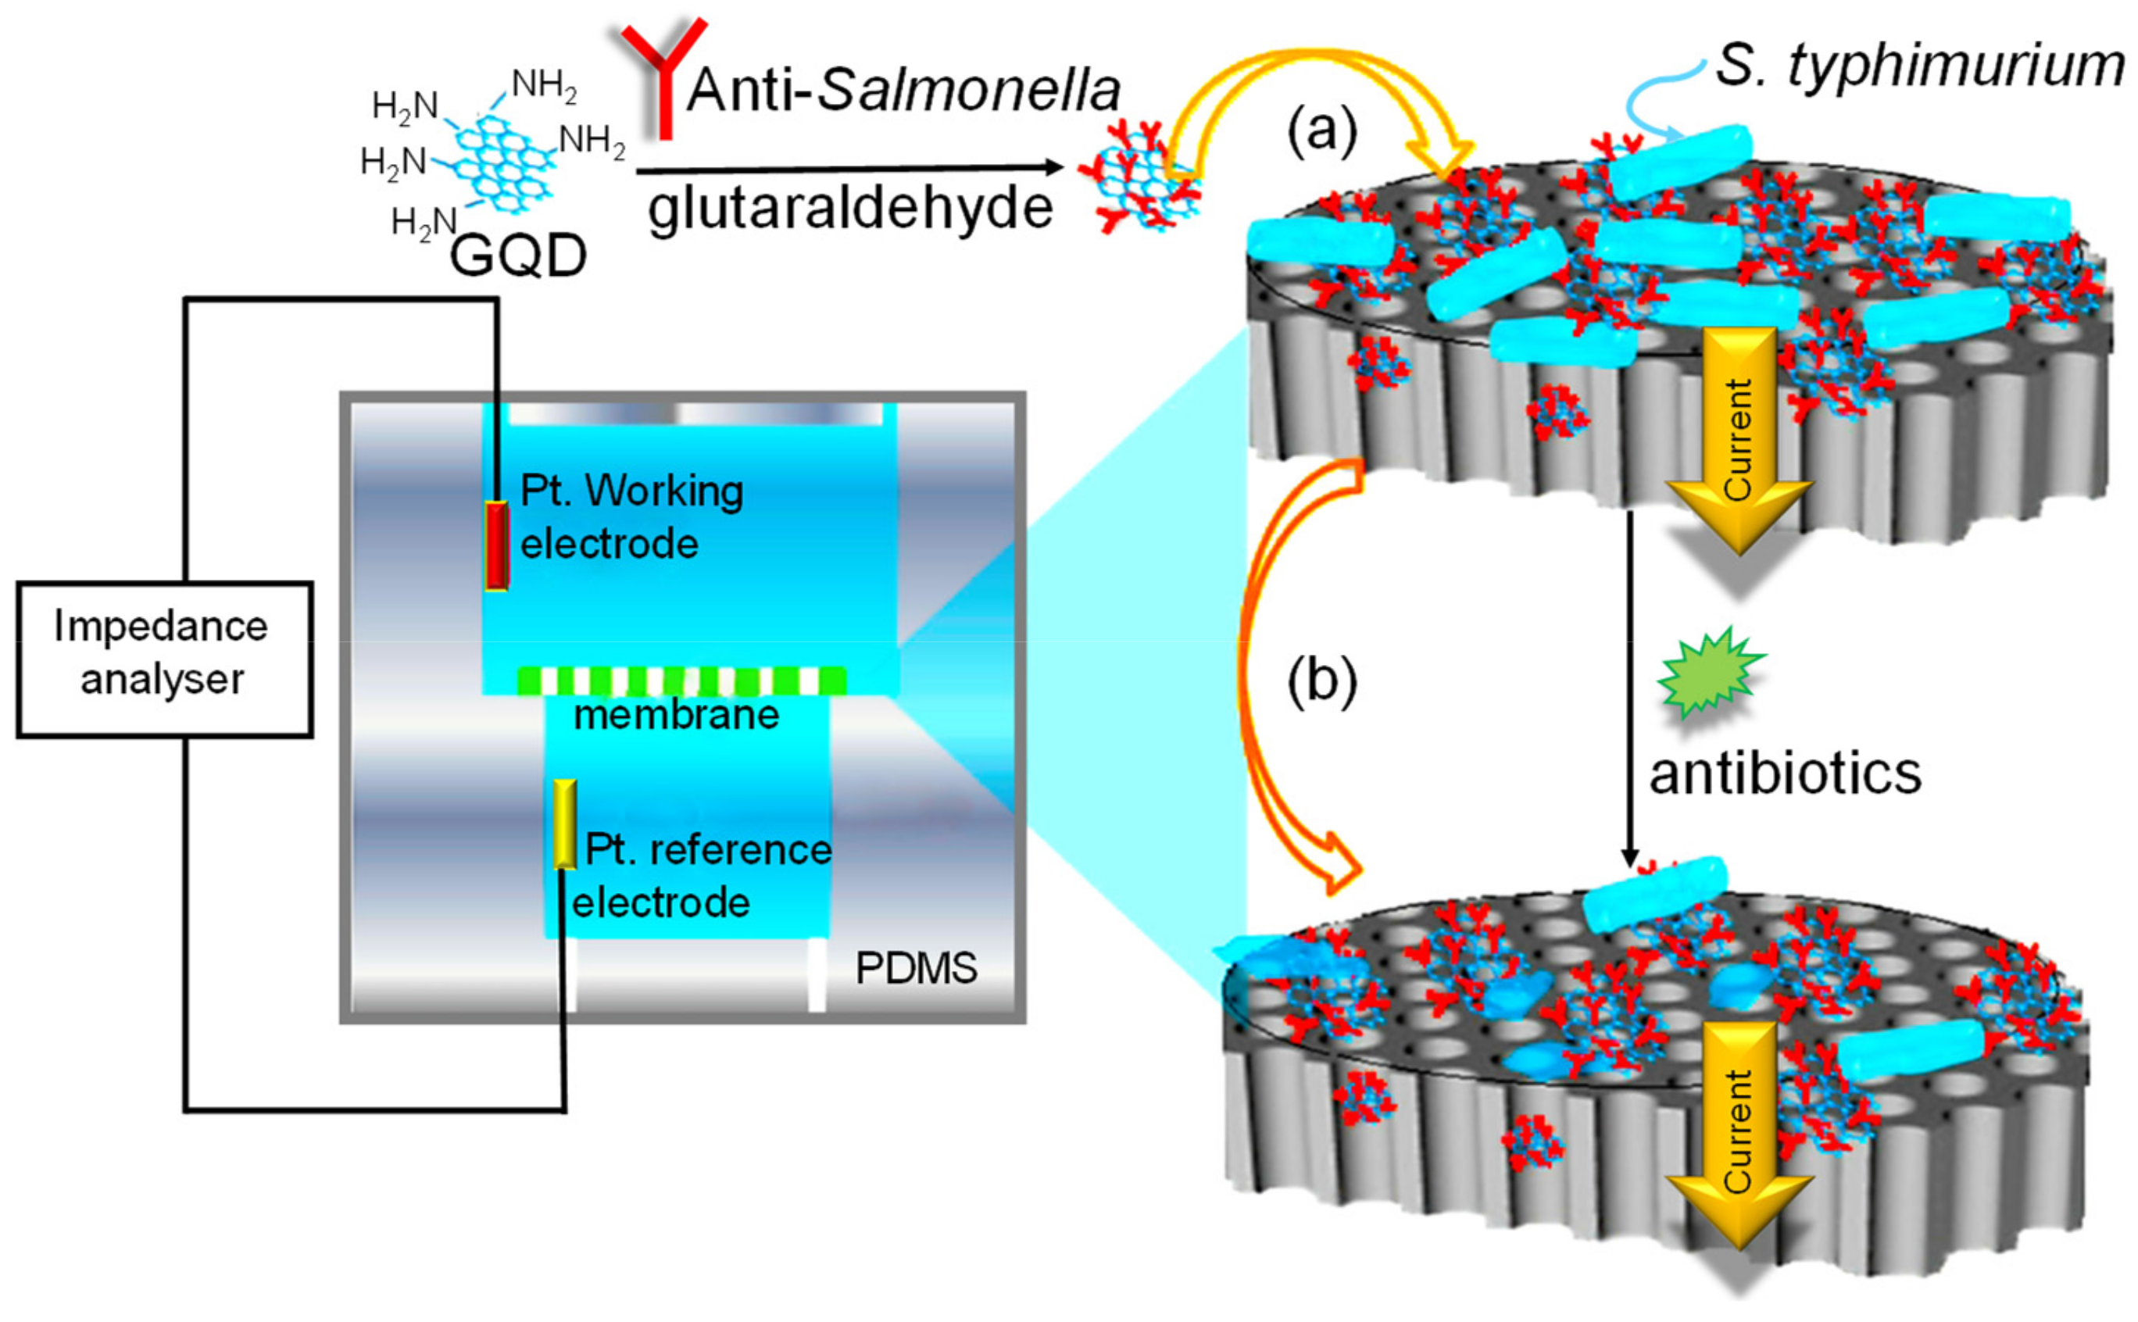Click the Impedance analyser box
[x=164, y=659]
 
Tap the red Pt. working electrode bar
[x=497, y=545]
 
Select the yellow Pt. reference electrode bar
[x=565, y=824]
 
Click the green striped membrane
[x=681, y=681]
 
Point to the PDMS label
[x=916, y=969]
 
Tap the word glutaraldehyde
[x=850, y=210]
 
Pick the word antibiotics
[x=1785, y=774]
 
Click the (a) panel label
[x=1321, y=131]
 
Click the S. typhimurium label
[x=1919, y=66]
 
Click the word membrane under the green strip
[x=676, y=715]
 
